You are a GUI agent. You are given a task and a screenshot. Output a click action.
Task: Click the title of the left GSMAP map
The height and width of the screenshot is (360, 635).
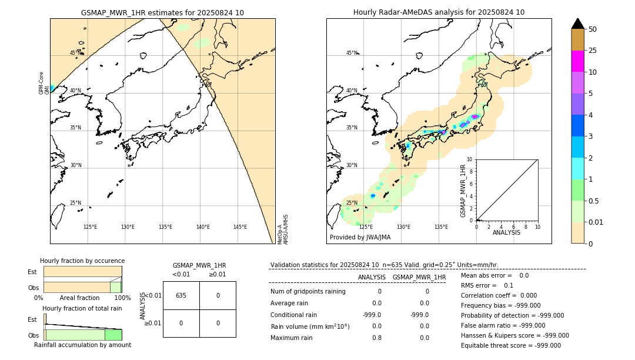pyautogui.click(x=162, y=12)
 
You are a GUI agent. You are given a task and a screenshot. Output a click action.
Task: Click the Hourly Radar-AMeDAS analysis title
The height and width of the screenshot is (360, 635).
pyautogui.click(x=439, y=12)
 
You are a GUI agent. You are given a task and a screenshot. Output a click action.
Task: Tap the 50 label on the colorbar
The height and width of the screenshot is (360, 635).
pyautogui.click(x=593, y=29)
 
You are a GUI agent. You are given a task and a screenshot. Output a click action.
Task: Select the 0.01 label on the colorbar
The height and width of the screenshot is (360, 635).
pyautogui.click(x=596, y=222)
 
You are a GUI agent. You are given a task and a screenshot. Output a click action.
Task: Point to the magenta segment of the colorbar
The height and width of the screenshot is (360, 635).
pyautogui.click(x=577, y=61)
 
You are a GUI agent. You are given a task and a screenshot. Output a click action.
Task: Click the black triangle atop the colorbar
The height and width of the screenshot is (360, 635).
pyautogui.click(x=577, y=24)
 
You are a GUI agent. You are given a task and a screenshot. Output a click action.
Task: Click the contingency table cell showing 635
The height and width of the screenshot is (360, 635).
pyautogui.click(x=181, y=295)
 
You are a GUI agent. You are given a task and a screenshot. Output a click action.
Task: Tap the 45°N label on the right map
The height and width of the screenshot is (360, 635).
pyautogui.click(x=352, y=54)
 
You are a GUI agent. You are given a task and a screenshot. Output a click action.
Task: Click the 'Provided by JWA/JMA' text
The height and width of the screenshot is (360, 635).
pyautogui.click(x=360, y=237)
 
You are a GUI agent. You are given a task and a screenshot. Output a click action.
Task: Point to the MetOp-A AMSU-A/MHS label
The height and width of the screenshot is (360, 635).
pyautogui.click(x=283, y=229)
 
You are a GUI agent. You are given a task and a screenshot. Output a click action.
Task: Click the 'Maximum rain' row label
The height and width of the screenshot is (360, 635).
pyautogui.click(x=291, y=338)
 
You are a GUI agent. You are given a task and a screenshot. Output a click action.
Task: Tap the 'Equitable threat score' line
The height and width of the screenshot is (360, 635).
pyautogui.click(x=510, y=345)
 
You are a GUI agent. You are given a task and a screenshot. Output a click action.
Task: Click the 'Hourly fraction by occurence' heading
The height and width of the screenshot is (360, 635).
pyautogui.click(x=82, y=261)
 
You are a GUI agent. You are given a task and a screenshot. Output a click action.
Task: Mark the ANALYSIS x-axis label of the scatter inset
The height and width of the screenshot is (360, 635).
pyautogui.click(x=506, y=232)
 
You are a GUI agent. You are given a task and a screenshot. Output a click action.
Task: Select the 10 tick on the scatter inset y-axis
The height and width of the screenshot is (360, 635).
pyautogui.click(x=470, y=159)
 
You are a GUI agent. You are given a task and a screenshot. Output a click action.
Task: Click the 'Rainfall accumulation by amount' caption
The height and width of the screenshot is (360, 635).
pyautogui.click(x=82, y=345)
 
